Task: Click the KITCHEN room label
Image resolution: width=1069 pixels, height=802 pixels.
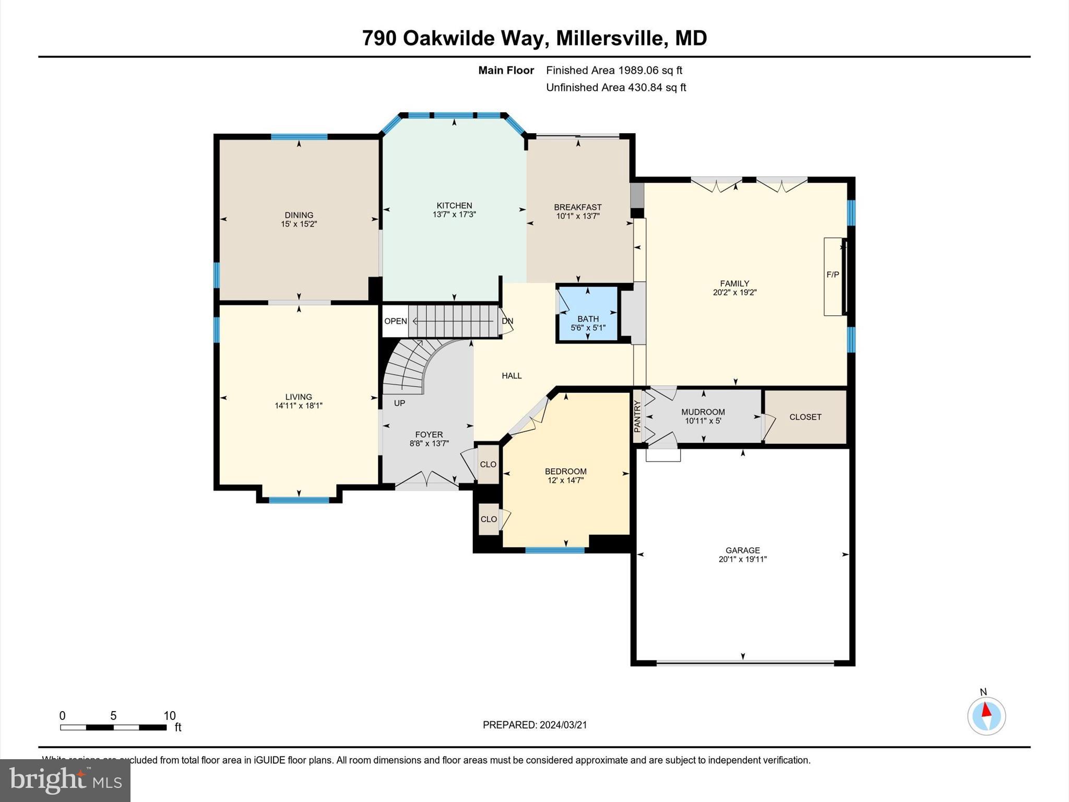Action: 454,206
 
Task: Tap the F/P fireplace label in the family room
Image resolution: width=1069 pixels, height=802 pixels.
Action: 833,275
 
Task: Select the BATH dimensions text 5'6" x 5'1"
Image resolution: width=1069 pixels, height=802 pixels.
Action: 588,328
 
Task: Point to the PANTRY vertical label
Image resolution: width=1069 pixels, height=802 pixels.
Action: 637,416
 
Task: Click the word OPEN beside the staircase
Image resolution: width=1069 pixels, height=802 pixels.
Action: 395,321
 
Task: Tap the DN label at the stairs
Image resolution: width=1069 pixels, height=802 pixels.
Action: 507,321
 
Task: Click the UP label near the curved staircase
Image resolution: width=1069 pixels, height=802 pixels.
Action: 399,403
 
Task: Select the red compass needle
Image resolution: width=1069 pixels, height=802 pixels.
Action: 986,710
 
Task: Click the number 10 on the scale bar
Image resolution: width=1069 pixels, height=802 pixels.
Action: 169,716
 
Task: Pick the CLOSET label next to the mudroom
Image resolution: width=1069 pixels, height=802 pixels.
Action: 805,417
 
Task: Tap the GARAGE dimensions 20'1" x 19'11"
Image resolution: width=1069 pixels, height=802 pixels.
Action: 742,559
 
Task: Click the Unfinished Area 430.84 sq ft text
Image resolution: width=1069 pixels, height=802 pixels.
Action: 615,88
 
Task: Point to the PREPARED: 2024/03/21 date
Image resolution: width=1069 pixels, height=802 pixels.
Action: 534,725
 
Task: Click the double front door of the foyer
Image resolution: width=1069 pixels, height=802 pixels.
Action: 426,478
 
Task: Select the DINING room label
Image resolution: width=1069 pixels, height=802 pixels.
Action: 299,215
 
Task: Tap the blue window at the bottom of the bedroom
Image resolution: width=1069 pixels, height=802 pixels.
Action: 554,550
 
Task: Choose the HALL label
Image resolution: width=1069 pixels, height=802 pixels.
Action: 512,375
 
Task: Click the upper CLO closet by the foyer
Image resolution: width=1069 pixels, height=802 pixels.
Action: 488,464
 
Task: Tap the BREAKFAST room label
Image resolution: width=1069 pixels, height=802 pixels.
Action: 578,207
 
